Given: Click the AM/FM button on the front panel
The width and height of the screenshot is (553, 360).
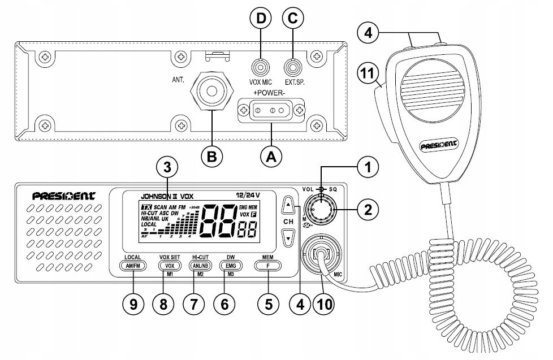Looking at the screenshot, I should (133, 265).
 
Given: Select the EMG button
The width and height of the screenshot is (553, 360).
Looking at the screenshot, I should (231, 265).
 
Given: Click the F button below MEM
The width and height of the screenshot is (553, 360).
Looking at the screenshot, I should (268, 265).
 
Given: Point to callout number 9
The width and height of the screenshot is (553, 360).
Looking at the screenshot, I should (133, 303).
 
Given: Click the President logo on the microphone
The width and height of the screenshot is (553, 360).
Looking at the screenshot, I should (439, 148).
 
